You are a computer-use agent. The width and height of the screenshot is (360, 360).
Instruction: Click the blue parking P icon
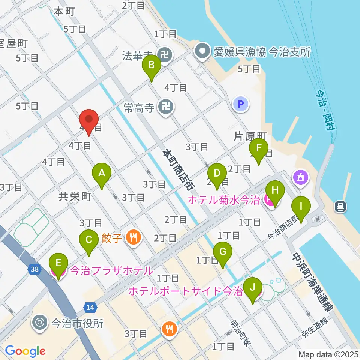click(241, 104)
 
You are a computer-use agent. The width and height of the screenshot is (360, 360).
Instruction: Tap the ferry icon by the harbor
click(340, 205)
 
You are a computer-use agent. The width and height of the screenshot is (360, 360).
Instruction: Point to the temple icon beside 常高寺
click(165, 108)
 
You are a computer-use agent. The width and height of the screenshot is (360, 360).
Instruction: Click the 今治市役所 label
click(77, 323)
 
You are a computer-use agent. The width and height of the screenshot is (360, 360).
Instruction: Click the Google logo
click(25, 351)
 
